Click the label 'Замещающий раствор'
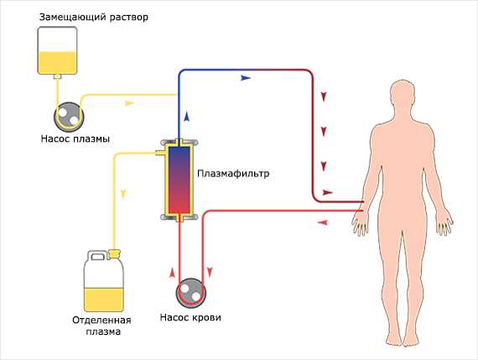pos(94,17)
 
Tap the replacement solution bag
pos(57,50)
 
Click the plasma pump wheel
pos(69,117)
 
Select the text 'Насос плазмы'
pos(75,138)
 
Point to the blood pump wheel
pos(191,293)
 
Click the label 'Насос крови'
pos(190,317)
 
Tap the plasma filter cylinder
pos(179,180)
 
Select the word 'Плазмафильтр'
pos(233,174)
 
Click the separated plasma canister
pos(104,281)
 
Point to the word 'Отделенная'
pos(101,321)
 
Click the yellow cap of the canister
pos(113,253)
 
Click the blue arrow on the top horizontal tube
pos(246,78)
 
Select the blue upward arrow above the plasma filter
pos(187,117)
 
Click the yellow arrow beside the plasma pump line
pos(129,103)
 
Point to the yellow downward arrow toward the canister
pos(123,195)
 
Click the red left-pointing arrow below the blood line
pos(323,222)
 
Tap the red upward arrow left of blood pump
pos(173,273)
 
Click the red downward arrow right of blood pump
pos(210,273)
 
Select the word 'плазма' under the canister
pos(103,332)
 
